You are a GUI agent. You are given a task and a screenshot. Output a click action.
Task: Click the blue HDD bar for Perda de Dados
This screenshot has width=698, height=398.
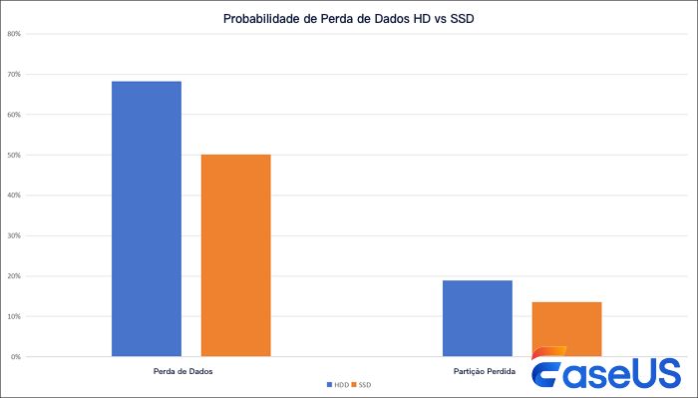tap(147, 218)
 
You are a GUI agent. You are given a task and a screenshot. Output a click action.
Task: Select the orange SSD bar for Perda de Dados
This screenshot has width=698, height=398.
tap(235, 255)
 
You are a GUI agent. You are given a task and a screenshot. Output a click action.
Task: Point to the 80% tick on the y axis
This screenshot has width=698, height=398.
tap(14, 34)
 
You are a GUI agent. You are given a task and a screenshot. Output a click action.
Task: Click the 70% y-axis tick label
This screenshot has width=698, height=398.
tap(14, 75)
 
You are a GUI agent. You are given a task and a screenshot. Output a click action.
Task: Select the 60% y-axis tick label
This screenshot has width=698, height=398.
tap(14, 115)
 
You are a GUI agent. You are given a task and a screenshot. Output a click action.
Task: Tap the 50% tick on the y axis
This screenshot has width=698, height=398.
tap(14, 156)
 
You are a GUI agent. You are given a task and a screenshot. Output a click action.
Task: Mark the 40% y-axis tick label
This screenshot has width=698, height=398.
tap(14, 196)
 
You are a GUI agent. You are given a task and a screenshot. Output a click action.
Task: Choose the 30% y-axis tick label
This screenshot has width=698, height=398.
tap(14, 236)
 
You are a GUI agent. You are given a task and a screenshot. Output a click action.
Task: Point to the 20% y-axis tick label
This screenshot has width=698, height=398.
tap(14, 276)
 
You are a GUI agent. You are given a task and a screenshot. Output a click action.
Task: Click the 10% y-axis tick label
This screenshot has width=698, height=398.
tap(14, 316)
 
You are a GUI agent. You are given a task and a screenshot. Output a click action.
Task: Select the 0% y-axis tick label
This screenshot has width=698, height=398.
tap(16, 357)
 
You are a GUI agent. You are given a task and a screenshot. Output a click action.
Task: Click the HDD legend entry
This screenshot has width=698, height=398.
tap(336, 384)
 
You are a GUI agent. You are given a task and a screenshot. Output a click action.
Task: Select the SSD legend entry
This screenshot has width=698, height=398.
tap(361, 384)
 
